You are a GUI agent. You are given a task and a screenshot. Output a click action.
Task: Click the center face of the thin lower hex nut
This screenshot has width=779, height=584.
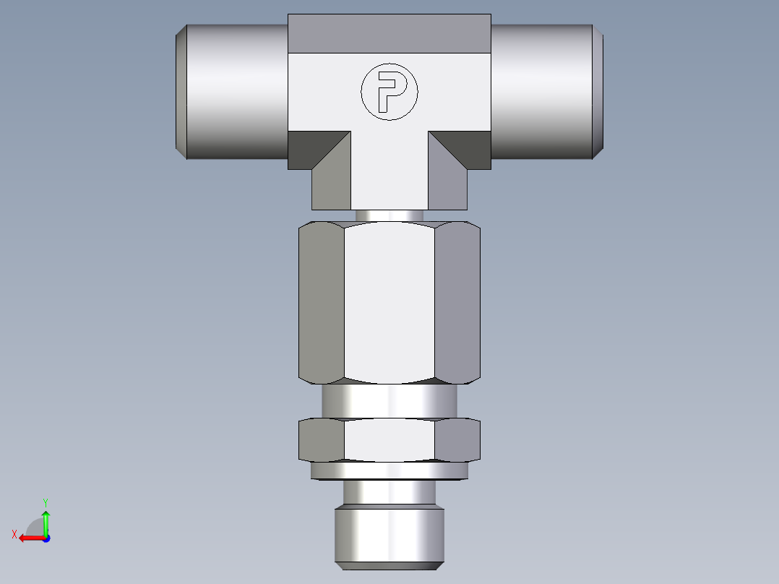tap(389, 439)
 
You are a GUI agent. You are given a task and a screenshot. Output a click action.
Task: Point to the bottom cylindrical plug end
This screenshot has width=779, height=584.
tap(389, 536)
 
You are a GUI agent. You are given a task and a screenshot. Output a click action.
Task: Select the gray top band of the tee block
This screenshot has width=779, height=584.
tap(389, 33)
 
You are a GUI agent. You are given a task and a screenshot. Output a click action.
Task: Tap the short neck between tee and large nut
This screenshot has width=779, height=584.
tap(389, 215)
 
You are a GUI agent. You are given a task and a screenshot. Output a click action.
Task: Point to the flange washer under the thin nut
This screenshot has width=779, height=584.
tap(389, 471)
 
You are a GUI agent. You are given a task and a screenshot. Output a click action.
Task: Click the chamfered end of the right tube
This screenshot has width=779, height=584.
tap(598, 91)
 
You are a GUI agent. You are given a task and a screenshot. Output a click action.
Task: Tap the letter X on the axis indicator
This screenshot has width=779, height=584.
tap(14, 534)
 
